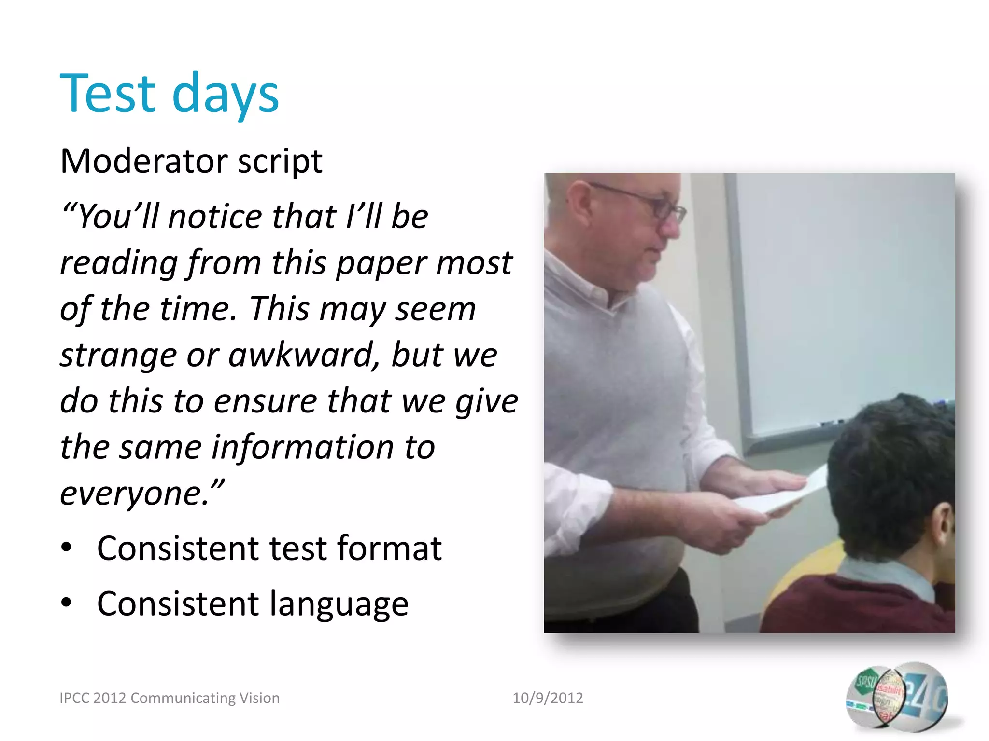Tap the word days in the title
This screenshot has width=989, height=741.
point(225,95)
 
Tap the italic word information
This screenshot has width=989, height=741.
point(302,447)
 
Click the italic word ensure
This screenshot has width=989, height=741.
point(264,401)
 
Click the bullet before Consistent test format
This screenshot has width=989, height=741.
point(66,548)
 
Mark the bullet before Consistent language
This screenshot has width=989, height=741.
point(66,603)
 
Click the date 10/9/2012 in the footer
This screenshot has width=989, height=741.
point(548,698)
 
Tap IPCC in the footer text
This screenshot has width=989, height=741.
point(74,698)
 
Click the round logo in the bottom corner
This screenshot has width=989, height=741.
point(897,697)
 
